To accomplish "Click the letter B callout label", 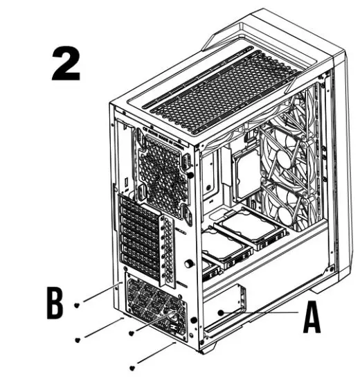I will [55, 303].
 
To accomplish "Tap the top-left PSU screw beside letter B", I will [80, 303].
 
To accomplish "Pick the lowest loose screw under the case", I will [133, 368].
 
